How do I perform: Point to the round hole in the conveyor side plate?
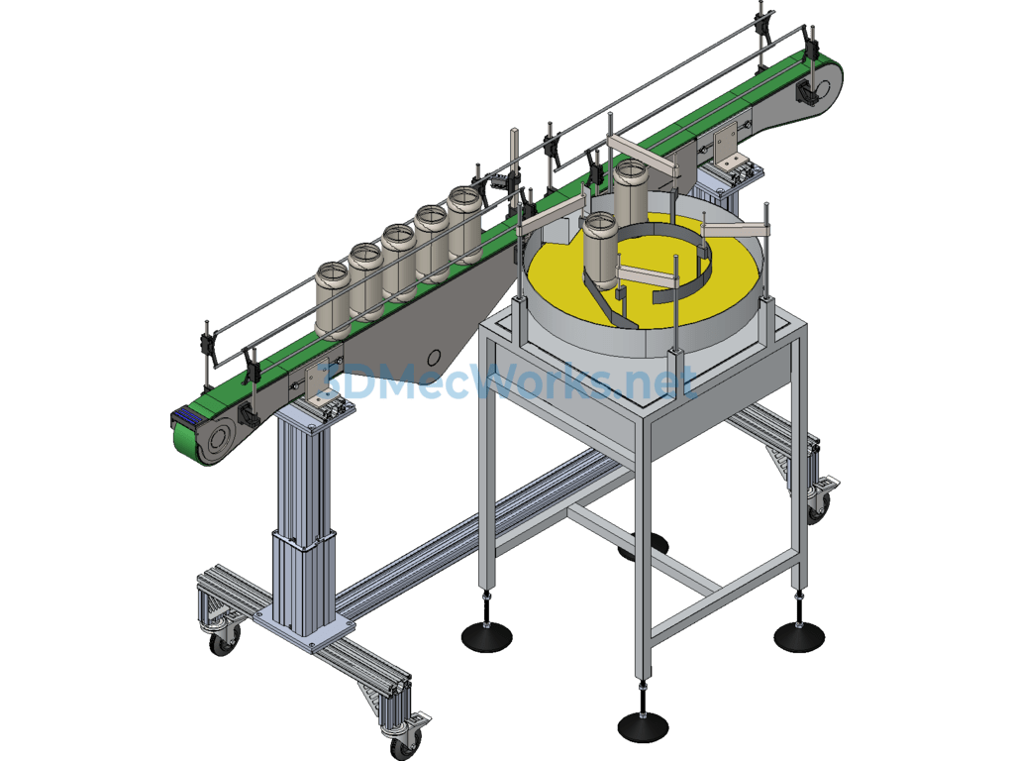pyautogui.click(x=435, y=357)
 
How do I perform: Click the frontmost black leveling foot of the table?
pyautogui.click(x=643, y=726)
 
